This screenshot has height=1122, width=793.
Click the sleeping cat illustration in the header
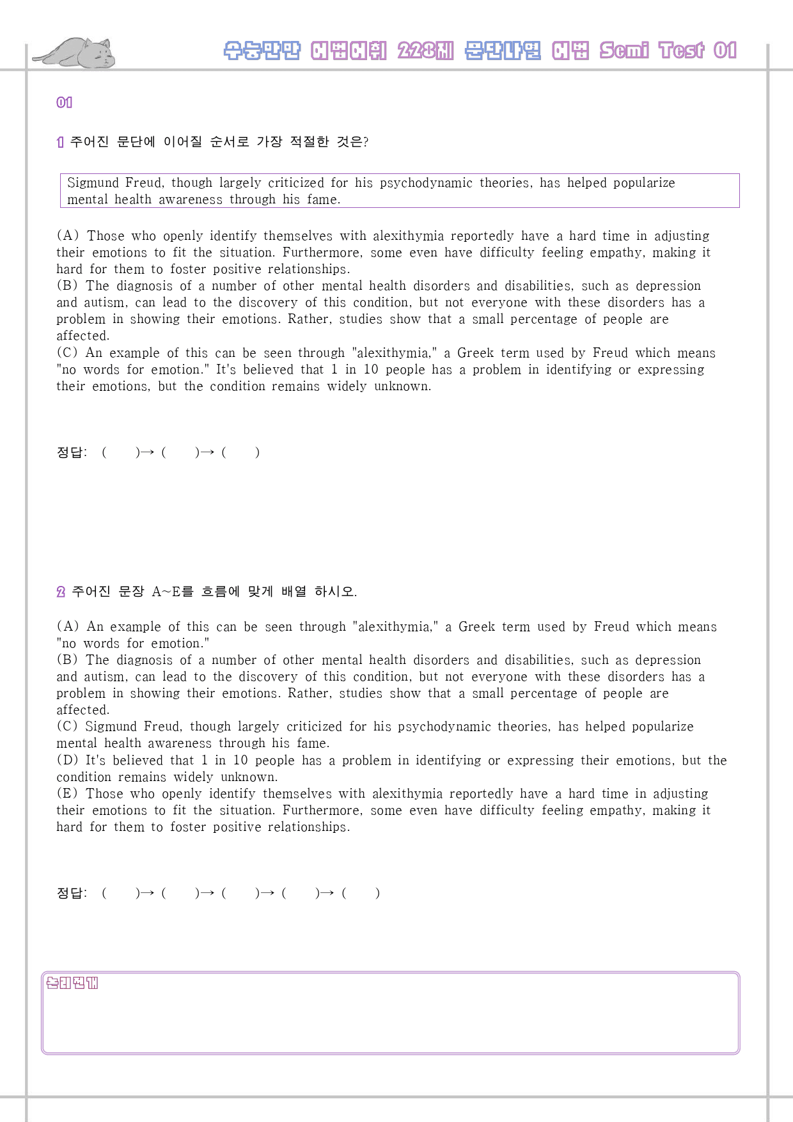point(74,52)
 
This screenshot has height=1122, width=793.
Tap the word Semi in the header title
point(624,51)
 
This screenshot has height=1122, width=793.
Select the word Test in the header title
point(682,51)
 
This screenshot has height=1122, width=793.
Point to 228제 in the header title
point(425,51)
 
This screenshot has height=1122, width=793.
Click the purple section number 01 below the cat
point(64,102)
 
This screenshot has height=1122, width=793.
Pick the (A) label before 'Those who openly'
point(68,236)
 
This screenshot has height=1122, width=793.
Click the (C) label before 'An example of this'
point(67,353)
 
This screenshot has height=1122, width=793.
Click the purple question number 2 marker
point(61,592)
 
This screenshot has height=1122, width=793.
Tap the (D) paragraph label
point(67,761)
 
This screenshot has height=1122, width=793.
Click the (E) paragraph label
point(67,794)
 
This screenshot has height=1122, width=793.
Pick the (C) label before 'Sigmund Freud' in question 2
point(67,727)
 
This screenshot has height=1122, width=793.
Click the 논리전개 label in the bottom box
point(72,983)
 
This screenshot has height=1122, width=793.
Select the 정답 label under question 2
point(71,893)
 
